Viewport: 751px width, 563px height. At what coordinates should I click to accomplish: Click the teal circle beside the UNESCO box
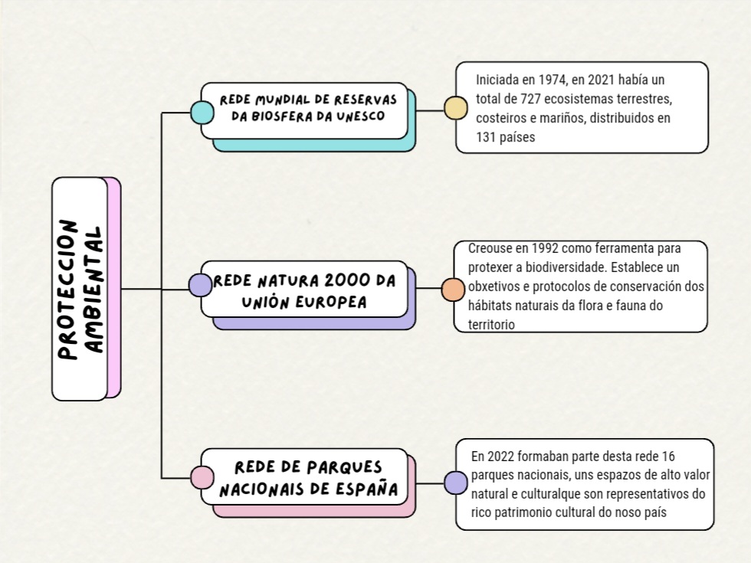click(202, 113)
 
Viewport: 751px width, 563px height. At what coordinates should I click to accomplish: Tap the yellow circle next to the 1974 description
click(455, 108)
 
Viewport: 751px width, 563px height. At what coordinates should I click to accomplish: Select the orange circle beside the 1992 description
click(453, 290)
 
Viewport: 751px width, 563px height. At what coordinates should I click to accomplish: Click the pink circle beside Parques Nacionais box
click(202, 477)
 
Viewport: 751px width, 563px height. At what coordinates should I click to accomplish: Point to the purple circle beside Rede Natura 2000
click(200, 285)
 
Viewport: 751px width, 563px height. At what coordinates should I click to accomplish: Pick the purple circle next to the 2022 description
click(455, 483)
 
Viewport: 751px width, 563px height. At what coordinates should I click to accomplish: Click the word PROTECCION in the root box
click(68, 290)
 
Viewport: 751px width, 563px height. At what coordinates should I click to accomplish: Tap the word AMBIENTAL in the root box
click(93, 290)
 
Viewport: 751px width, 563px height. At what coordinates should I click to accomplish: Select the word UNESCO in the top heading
click(360, 116)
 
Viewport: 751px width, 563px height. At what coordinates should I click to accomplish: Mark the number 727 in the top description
click(530, 99)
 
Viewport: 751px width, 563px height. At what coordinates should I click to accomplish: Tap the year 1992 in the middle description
click(544, 248)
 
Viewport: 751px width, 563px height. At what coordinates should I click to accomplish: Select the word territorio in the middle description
click(491, 325)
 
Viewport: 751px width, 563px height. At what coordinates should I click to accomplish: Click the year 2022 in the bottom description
click(500, 457)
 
